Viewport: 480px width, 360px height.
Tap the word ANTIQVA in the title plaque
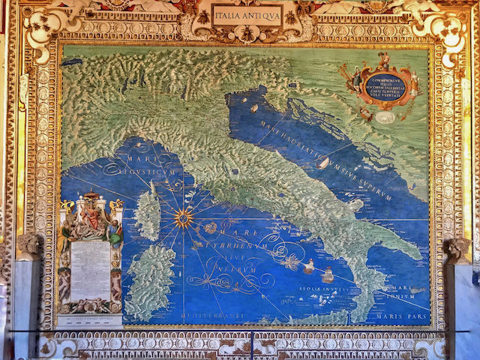point(263,15)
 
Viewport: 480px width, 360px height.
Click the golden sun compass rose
point(182,218)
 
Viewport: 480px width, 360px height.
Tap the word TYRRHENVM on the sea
point(241,245)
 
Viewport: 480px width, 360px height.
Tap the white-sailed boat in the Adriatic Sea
point(323,163)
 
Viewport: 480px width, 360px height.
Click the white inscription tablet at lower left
point(90,271)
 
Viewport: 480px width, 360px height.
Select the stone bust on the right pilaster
point(456,248)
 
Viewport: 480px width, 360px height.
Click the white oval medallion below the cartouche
point(385,118)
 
